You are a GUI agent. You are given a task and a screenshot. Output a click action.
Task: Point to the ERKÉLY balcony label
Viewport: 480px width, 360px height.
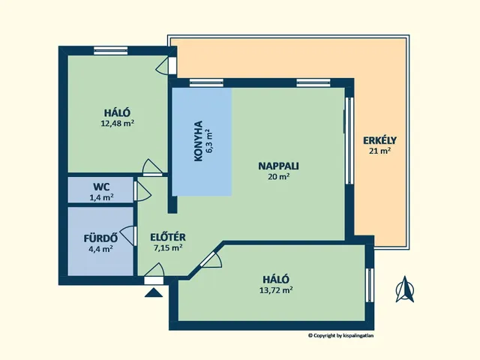(x=379, y=139)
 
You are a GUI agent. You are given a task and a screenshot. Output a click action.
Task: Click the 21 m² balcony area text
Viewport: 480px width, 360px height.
(x=379, y=151)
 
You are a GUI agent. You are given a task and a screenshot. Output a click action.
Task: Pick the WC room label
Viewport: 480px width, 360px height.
(x=102, y=186)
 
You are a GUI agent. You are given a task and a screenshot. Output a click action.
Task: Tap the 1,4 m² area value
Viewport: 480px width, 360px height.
(x=102, y=197)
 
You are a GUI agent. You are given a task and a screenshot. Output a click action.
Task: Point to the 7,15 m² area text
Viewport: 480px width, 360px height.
(x=168, y=247)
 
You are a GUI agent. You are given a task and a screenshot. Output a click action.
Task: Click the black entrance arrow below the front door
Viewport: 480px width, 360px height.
(x=154, y=292)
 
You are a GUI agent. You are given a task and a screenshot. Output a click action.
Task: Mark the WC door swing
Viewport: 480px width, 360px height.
(x=142, y=191)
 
